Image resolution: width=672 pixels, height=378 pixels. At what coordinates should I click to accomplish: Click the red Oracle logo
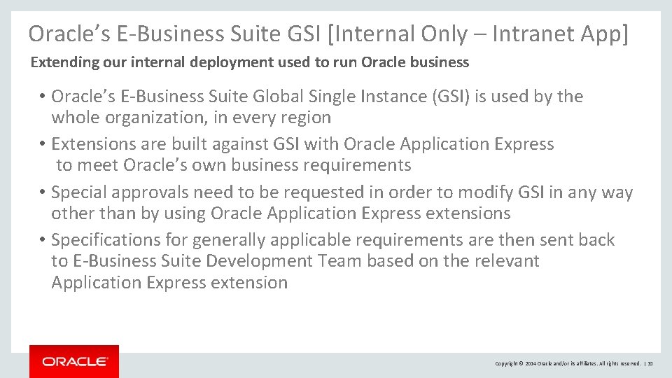point(74,361)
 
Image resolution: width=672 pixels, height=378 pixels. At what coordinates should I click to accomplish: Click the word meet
point(98,165)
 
